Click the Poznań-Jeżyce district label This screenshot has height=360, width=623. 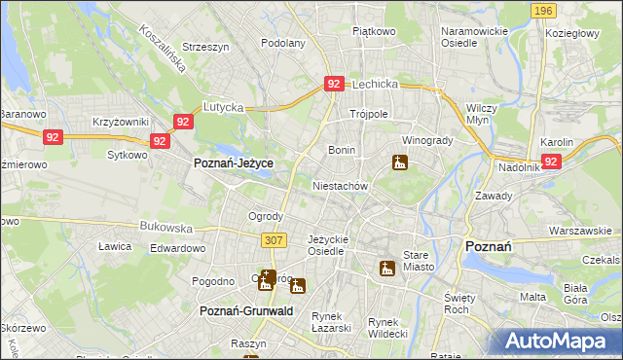pos(234,164)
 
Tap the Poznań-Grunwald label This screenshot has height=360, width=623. pos(246,310)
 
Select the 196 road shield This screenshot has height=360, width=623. pos(544,11)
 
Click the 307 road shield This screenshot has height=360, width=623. pos(274,239)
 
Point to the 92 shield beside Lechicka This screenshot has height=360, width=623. pos(334,85)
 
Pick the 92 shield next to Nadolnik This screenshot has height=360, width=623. pos(552,162)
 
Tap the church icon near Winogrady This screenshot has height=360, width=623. pos(399,162)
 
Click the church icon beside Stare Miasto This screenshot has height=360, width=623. pos(387,268)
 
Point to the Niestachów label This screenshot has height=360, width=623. pos(340,185)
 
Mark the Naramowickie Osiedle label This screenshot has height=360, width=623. pos(474,37)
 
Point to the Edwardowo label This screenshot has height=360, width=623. pos(177,248)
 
